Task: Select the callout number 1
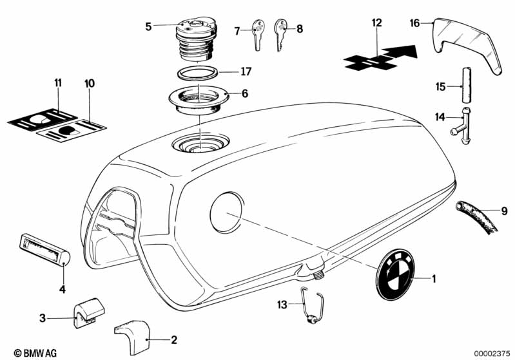pyautogui.click(x=433, y=279)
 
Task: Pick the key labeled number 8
pyautogui.click(x=281, y=33)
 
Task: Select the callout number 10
pyautogui.click(x=89, y=84)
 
